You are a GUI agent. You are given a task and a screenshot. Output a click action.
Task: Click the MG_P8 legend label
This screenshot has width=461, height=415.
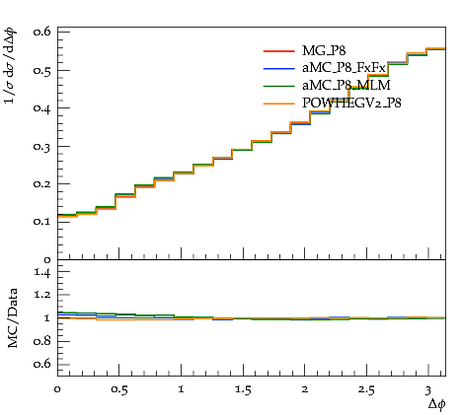tap(324, 51)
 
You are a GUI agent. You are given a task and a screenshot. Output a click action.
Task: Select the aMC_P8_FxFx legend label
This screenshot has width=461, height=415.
tap(344, 68)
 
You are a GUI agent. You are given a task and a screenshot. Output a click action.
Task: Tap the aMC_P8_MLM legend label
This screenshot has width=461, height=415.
tap(346, 86)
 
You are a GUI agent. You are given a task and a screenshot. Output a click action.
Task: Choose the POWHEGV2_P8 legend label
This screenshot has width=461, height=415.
tap(351, 104)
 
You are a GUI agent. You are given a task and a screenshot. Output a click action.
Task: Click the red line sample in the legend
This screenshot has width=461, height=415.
tap(278, 51)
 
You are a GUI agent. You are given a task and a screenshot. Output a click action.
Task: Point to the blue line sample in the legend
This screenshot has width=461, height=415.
tap(278, 68)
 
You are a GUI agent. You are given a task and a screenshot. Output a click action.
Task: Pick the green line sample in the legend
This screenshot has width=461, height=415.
tap(278, 86)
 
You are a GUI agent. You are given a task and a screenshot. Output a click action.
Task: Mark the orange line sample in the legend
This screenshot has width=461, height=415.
tap(278, 104)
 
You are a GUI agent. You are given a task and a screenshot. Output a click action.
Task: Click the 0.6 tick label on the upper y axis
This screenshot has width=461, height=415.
tap(42, 32)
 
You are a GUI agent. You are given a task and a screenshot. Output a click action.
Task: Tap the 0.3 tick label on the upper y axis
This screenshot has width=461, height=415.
tap(42, 146)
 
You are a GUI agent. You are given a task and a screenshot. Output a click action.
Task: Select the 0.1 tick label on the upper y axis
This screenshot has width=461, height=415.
tap(42, 222)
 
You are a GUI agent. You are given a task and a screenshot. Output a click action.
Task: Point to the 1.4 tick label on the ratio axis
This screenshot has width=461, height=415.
tap(42, 272)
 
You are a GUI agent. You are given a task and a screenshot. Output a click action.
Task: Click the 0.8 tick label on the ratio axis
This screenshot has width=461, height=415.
tap(42, 341)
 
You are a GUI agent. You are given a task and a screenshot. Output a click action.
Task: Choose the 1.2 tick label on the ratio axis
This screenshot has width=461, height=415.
tap(42, 295)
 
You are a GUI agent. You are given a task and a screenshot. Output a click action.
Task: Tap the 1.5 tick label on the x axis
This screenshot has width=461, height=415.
tap(243, 389)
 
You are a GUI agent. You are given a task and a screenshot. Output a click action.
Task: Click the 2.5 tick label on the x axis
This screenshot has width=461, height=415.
tap(366, 389)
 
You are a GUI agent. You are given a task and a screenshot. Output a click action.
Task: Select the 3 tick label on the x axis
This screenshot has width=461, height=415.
tap(427, 390)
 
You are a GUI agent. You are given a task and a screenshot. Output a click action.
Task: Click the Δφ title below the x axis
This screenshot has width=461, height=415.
tap(437, 404)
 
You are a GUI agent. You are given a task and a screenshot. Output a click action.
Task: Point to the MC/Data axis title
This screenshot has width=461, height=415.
tap(13, 318)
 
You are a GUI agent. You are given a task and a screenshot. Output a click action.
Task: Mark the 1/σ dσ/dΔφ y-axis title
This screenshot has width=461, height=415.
tap(11, 66)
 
